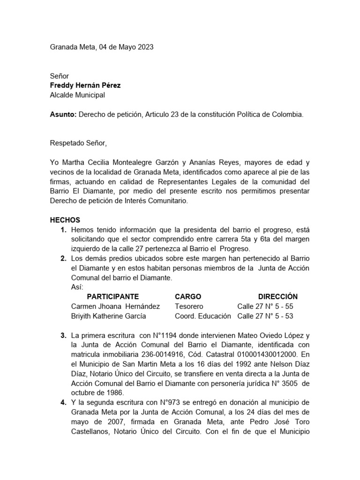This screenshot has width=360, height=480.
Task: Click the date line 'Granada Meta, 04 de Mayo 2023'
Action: click(x=101, y=47)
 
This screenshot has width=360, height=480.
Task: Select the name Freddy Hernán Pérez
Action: click(x=85, y=85)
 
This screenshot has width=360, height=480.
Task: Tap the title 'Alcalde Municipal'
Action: click(x=77, y=95)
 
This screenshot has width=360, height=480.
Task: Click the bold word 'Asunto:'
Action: click(x=63, y=114)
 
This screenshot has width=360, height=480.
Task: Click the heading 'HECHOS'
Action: click(x=65, y=220)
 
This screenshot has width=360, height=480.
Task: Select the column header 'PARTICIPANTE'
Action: click(x=113, y=296)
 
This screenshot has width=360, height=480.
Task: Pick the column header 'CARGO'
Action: click(x=187, y=296)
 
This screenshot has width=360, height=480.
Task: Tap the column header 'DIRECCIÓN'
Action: click(x=277, y=296)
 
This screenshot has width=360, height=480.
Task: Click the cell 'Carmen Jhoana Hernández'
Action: click(x=115, y=306)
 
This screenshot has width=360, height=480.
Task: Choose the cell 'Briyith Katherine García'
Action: click(x=108, y=316)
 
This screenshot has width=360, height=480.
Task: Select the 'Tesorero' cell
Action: click(x=189, y=306)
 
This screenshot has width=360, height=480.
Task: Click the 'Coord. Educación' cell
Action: click(x=202, y=316)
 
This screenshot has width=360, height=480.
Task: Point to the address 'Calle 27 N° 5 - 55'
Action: click(x=265, y=306)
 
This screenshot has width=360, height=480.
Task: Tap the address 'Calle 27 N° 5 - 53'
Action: click(x=265, y=316)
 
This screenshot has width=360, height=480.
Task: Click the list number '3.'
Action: click(x=63, y=336)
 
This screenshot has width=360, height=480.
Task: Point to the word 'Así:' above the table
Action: click(x=77, y=287)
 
